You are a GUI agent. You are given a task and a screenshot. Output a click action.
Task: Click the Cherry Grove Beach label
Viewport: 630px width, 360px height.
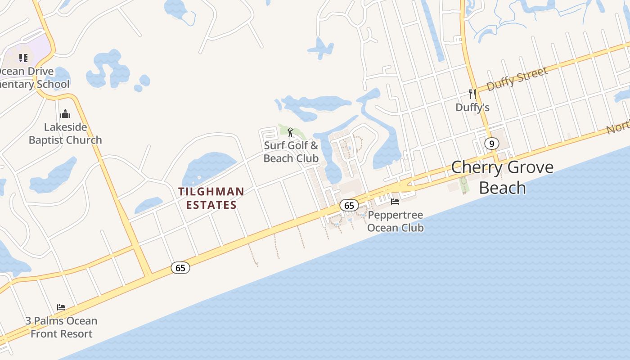pos(502,177)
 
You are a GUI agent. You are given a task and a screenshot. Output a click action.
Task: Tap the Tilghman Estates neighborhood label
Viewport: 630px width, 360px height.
pos(211,198)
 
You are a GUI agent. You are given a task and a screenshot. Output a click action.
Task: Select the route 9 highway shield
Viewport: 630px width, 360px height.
pos(491,144)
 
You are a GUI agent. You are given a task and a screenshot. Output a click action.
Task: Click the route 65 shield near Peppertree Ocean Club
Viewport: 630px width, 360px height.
pos(349,206)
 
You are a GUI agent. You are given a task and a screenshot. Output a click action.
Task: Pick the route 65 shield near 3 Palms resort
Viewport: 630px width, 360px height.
pos(180,268)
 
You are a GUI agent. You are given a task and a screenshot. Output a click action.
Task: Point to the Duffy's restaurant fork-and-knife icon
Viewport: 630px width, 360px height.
pos(472,94)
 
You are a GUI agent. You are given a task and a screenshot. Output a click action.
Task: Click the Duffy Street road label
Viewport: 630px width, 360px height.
pos(517,78)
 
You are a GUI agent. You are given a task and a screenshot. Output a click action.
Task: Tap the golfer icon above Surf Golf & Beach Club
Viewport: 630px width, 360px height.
pos(290,132)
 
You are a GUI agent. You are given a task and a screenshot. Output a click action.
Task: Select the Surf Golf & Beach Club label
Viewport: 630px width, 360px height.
pos(291,152)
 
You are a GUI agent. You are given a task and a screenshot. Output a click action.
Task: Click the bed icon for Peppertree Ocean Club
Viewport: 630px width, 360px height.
pos(395,201)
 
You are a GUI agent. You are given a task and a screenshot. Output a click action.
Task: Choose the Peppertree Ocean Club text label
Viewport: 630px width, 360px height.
pos(396,221)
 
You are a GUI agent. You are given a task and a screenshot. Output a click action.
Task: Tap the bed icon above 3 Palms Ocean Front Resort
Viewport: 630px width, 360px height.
pos(61,307)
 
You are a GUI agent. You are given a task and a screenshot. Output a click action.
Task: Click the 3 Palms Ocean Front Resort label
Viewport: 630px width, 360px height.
pos(61,327)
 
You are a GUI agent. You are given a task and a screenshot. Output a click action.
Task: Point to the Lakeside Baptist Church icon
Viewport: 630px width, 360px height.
pos(65,113)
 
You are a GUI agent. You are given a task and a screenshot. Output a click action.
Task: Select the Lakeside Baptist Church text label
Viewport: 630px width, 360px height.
pos(65,134)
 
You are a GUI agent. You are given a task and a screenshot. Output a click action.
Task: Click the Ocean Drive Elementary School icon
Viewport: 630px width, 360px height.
pos(23,58)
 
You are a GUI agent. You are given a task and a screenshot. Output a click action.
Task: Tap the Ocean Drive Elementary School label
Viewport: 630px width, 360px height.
pos(31,78)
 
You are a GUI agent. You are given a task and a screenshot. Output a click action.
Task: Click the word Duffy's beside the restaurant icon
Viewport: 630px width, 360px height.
pos(472,108)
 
